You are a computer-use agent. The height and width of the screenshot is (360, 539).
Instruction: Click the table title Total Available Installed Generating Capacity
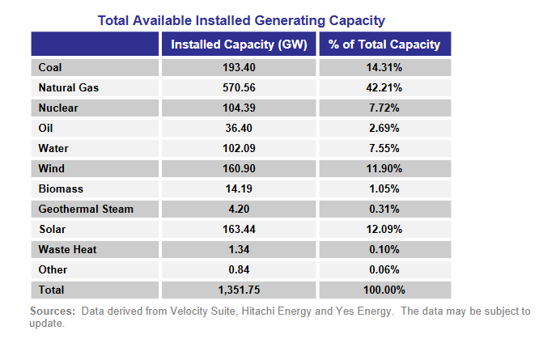tap(241, 19)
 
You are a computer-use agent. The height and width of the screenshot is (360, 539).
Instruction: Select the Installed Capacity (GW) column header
tap(240, 44)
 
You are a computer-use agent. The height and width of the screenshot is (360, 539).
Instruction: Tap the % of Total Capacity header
tap(384, 44)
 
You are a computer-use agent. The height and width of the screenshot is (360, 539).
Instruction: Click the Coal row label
tap(50, 67)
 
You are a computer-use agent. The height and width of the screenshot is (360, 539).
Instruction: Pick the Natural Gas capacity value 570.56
tap(240, 87)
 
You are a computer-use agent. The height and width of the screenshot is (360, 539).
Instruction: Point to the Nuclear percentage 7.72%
tap(384, 108)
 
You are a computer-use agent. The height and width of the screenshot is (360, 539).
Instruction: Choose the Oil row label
tap(46, 128)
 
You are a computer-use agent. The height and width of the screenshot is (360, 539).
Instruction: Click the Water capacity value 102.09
tap(240, 148)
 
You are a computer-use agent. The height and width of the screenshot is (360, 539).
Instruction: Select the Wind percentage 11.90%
tap(384, 168)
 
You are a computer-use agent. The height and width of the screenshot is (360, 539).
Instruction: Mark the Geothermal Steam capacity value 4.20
tap(240, 209)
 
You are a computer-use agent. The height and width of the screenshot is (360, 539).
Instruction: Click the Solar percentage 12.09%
tap(384, 229)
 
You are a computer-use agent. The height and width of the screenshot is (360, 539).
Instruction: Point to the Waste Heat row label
tap(67, 249)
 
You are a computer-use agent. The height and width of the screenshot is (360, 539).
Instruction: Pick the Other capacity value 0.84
tap(240, 269)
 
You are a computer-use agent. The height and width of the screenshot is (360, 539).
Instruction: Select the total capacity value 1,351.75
tap(240, 290)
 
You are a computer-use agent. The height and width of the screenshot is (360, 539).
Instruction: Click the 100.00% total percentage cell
tap(384, 290)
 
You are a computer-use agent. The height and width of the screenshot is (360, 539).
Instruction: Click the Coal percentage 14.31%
tap(384, 67)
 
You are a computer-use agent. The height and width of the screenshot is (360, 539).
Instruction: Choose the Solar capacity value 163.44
tap(240, 229)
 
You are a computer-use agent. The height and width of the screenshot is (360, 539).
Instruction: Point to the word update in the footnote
tap(45, 324)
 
